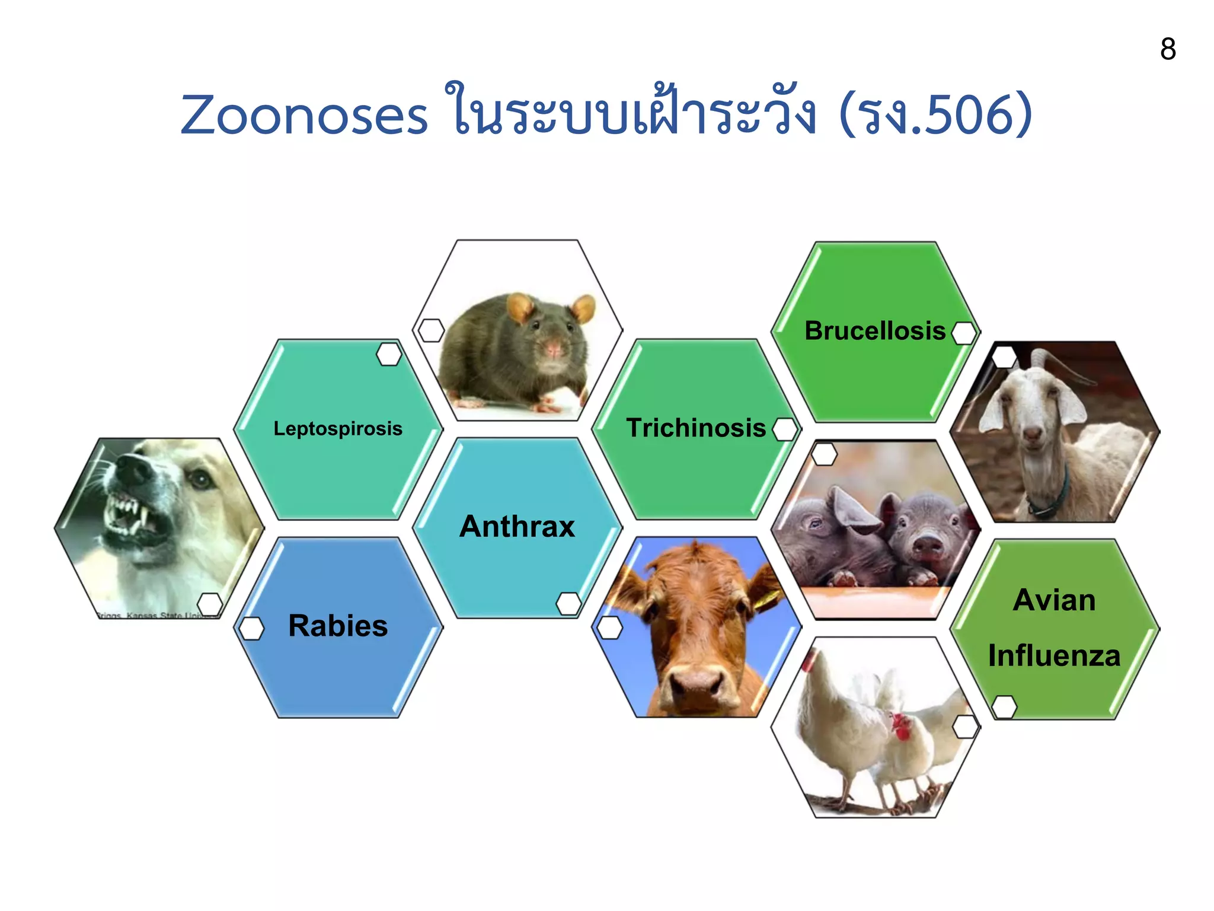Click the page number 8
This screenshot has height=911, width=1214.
(1167, 49)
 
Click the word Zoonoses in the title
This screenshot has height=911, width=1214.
(304, 116)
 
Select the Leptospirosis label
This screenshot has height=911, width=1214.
(338, 428)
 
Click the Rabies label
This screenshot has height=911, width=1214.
(338, 626)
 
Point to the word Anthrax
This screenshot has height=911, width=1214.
(517, 527)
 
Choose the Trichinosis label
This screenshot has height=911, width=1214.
(696, 428)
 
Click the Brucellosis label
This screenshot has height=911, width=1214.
(875, 331)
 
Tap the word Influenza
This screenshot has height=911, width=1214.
(1054, 656)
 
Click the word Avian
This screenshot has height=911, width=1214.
(1054, 600)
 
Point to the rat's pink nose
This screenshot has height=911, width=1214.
(552, 349)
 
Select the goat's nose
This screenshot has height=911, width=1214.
(1032, 436)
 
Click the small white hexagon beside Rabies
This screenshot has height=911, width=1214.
(251, 628)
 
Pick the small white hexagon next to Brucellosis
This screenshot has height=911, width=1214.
(964, 333)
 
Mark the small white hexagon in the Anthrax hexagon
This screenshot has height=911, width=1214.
(568, 604)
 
